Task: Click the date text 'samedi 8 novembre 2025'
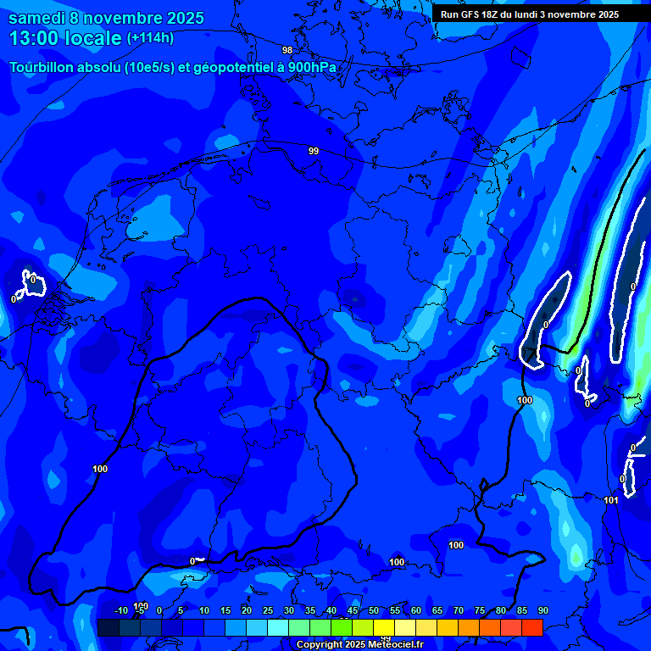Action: click(106, 18)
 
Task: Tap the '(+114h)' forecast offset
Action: click(150, 38)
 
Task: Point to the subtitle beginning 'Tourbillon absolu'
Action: click(173, 67)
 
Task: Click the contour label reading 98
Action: click(287, 50)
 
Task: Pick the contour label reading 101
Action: click(611, 500)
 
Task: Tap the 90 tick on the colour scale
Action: click(542, 611)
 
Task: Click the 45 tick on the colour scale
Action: click(352, 611)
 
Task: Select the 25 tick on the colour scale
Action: click(267, 611)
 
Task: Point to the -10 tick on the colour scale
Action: click(120, 611)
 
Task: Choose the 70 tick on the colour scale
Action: click(458, 611)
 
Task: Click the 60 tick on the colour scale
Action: click(415, 611)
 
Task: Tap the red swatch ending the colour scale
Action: click(532, 627)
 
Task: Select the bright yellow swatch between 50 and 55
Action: click(384, 627)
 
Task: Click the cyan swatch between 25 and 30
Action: click(278, 627)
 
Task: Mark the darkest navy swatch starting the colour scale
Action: click(108, 627)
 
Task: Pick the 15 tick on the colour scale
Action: click(225, 611)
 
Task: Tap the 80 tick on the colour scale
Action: click(500, 611)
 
